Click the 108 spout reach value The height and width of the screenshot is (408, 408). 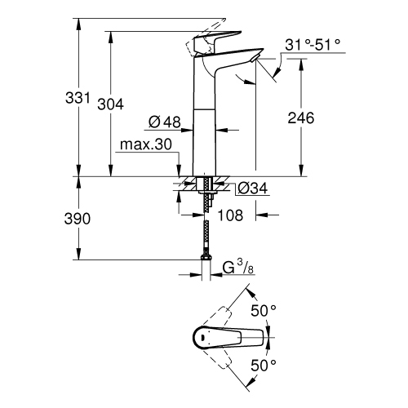pos(233,217)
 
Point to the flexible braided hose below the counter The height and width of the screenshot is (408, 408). pos(203,233)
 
